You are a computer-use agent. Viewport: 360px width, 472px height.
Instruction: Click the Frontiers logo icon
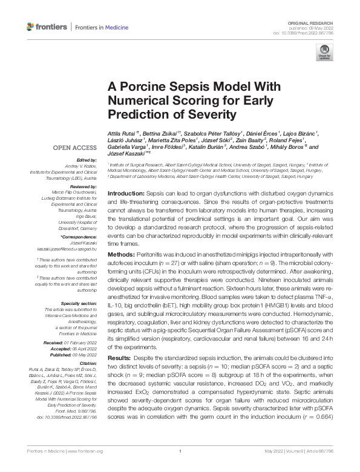tap(31, 27)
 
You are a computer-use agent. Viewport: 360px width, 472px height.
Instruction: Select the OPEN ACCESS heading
tap(73, 148)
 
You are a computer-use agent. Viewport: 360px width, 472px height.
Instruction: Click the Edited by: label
tap(85, 160)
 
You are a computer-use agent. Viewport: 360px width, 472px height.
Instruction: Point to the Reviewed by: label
tap(80, 188)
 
